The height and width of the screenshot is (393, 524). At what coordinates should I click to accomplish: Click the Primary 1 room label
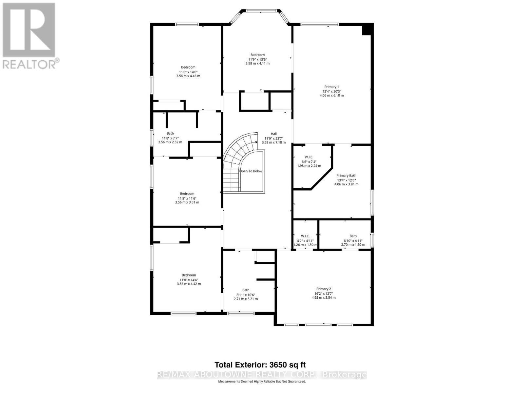click(331, 87)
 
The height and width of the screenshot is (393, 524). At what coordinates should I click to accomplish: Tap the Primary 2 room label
click(323, 289)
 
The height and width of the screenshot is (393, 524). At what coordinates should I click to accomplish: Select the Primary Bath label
click(346, 176)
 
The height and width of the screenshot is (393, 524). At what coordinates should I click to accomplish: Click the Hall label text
click(273, 134)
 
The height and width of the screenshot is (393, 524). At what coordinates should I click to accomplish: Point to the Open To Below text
click(251, 171)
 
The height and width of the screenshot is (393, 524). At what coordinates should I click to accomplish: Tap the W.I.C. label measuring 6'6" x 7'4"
click(309, 157)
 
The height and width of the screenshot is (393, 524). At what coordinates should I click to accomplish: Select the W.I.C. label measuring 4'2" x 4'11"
click(305, 236)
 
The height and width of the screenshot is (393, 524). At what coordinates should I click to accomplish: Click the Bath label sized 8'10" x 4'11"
click(353, 236)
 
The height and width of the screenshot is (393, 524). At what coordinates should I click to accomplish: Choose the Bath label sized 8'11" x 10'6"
click(246, 290)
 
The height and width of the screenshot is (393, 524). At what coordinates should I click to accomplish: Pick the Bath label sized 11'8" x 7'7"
click(170, 133)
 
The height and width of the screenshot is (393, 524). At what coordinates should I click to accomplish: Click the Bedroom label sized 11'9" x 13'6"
click(257, 55)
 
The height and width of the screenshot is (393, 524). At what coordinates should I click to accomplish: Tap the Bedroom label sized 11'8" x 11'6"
click(187, 194)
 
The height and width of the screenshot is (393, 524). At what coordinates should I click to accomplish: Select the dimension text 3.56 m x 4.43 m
click(188, 76)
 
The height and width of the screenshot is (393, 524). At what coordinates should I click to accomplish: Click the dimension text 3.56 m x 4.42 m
click(189, 284)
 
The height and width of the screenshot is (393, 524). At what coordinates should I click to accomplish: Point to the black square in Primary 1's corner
click(367, 29)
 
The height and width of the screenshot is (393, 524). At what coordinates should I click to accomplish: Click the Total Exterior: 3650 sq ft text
click(260, 365)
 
